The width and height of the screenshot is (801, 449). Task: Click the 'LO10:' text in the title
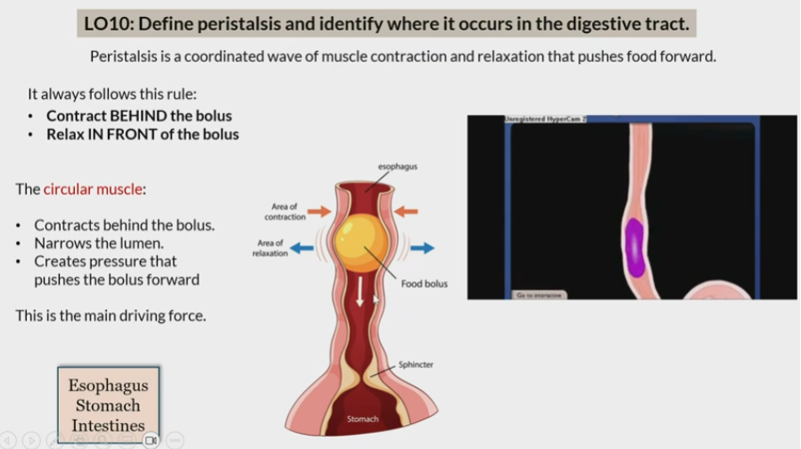(110, 23)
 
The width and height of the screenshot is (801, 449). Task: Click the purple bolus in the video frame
(634, 245)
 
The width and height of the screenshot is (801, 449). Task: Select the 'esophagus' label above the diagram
(397, 166)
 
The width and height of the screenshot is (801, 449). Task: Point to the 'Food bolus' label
(424, 284)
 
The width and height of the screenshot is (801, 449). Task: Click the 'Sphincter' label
(416, 364)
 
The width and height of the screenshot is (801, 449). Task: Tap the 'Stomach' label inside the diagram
(362, 419)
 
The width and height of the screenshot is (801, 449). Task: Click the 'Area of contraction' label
(285, 212)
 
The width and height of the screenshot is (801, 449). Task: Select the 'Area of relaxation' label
(271, 247)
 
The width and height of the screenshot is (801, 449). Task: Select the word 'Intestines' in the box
(108, 426)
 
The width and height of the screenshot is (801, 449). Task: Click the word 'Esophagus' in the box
(108, 386)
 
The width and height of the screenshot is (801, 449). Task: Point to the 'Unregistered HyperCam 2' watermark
(545, 119)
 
